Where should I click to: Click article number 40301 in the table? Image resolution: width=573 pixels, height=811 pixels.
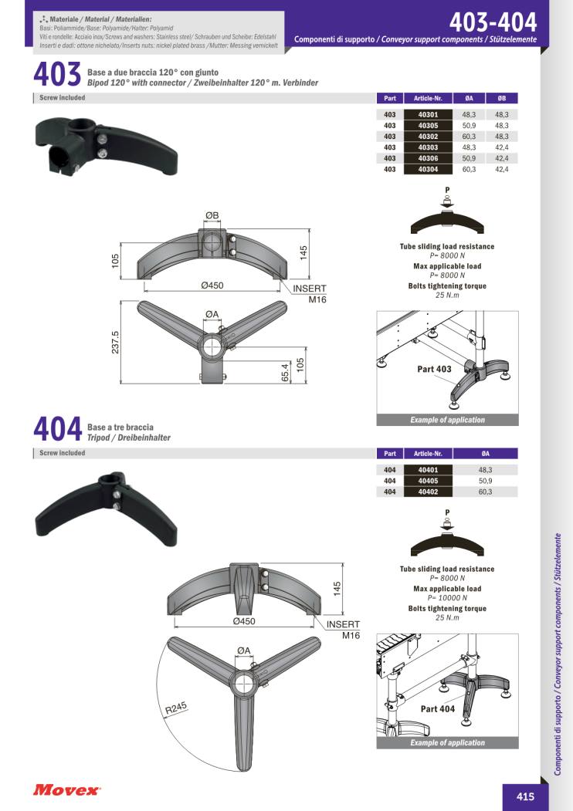pos(428,115)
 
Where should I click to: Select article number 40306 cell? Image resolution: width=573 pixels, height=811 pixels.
pos(428,158)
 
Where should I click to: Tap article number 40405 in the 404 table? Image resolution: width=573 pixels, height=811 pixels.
pos(428,481)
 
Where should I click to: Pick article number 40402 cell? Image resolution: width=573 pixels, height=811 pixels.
pos(428,492)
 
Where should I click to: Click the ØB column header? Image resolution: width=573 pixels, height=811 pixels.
pos(502,98)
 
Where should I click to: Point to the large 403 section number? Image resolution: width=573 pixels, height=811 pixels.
pos(57,75)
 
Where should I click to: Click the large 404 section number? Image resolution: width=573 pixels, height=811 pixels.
pos(57,429)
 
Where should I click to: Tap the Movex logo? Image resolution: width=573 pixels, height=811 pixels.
pos(66,790)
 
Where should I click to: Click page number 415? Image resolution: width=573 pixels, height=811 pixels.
pos(525,796)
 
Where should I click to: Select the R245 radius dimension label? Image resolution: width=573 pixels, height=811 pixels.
pos(175,708)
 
